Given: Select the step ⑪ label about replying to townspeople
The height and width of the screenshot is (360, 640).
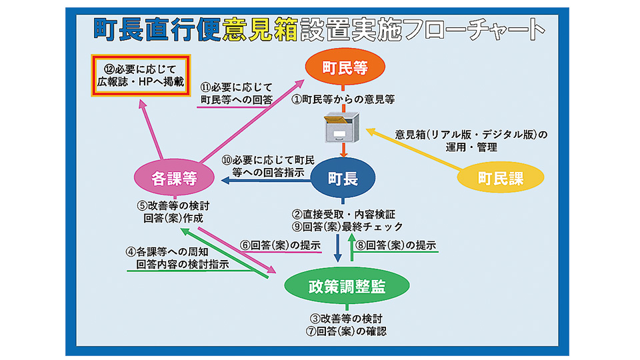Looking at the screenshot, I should [x=237, y=93].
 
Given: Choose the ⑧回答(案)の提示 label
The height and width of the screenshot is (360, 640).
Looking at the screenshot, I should [x=395, y=245].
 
